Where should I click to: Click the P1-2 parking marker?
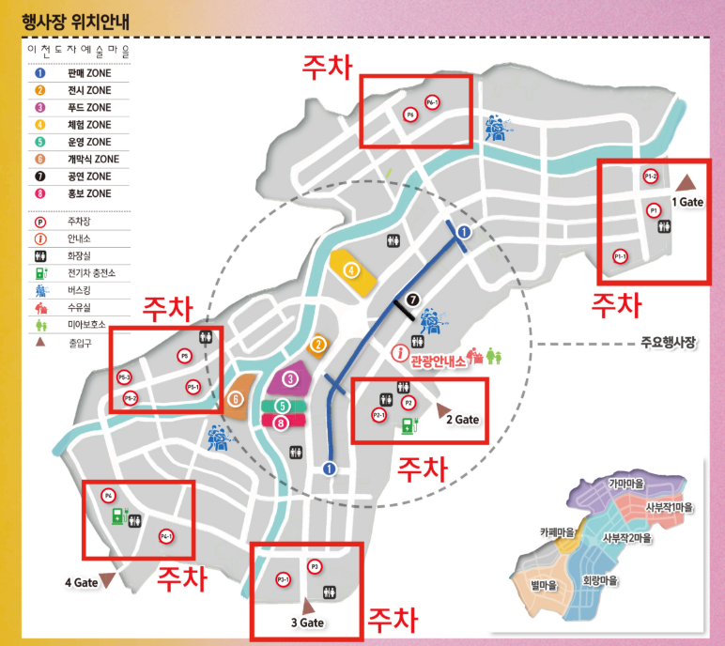click(650, 177)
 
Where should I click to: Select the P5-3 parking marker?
click(125, 377)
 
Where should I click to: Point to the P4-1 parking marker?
click(165, 536)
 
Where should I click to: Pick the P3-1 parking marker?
click(283, 579)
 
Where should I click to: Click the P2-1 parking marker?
click(379, 414)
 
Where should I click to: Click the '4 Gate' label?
click(82, 582)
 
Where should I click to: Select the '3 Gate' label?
click(308, 622)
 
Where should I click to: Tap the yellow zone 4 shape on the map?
click(352, 270)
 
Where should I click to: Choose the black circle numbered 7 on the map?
click(409, 300)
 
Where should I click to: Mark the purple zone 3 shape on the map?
click(292, 378)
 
